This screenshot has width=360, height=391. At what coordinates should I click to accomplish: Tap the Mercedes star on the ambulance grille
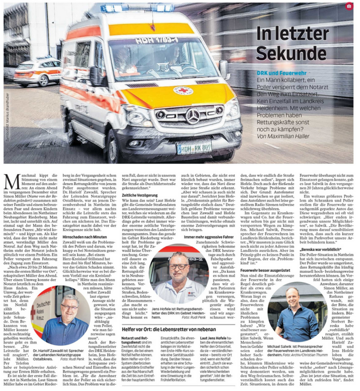tap(193, 116)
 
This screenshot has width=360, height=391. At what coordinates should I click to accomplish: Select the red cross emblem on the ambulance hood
tap(183, 90)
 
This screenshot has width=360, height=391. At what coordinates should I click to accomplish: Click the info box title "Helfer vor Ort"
tap(169, 329)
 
